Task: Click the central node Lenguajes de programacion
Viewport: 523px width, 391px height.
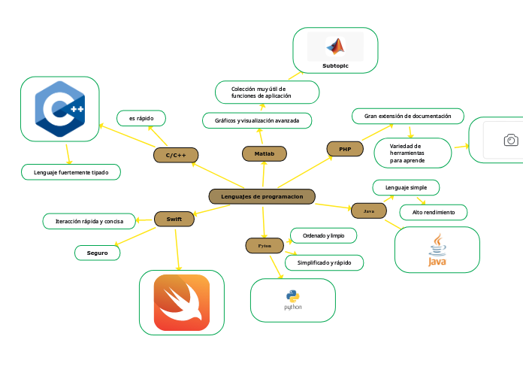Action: [x=261, y=196]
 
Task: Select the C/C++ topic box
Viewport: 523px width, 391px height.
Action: [x=175, y=155]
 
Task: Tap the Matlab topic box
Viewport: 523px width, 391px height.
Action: [x=265, y=153]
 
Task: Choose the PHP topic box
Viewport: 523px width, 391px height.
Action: [x=345, y=150]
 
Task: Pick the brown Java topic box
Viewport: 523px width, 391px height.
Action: [x=369, y=211]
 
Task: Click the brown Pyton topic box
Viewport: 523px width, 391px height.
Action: [x=265, y=246]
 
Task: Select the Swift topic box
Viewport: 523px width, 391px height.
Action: [x=174, y=219]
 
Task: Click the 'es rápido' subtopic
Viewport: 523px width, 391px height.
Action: [x=141, y=118]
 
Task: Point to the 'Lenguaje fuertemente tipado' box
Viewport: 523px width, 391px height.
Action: [x=71, y=172]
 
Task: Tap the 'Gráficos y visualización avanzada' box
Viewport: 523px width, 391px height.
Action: [x=257, y=120]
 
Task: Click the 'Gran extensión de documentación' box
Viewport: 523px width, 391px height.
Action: [x=407, y=117]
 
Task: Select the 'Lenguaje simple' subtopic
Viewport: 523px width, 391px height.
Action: [x=406, y=187]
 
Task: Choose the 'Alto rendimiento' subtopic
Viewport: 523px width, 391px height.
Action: [x=433, y=213]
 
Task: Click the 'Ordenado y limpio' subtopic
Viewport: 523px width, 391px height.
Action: [x=323, y=235]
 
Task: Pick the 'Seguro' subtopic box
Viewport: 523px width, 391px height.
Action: [x=98, y=253]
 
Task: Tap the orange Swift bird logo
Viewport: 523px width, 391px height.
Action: [x=182, y=302]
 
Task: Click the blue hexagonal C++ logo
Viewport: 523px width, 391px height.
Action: [x=60, y=108]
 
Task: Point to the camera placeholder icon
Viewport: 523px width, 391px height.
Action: [x=510, y=140]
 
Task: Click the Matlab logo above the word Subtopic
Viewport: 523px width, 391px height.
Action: [x=335, y=47]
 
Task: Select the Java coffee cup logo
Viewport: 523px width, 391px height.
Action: [x=437, y=250]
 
